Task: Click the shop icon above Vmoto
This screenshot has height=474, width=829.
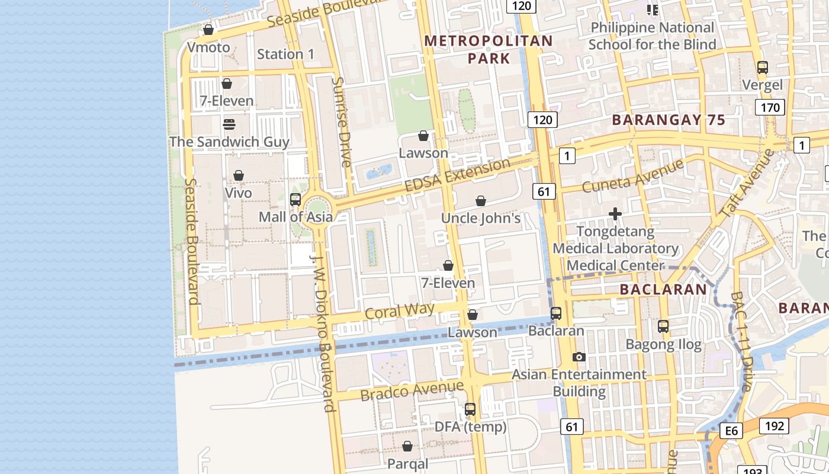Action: (208, 29)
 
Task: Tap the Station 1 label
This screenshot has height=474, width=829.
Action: (286, 54)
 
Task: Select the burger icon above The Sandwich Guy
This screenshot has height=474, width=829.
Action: (229, 124)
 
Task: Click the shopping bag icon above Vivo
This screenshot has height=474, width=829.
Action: (239, 175)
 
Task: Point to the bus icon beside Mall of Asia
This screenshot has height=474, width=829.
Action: (295, 200)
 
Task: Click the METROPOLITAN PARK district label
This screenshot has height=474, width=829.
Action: (489, 49)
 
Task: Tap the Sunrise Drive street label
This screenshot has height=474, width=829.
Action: (342, 121)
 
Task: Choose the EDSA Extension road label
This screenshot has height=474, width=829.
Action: (457, 175)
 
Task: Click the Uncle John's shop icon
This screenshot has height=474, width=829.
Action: (481, 201)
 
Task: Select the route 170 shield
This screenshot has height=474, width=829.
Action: (770, 107)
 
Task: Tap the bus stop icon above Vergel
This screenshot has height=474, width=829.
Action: (763, 68)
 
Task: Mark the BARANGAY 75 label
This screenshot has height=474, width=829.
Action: (669, 120)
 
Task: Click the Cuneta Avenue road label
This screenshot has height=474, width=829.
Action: (633, 176)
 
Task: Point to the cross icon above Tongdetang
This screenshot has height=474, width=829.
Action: (615, 213)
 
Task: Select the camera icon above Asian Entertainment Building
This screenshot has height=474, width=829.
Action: (579, 357)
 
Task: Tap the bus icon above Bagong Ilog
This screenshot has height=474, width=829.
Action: (663, 326)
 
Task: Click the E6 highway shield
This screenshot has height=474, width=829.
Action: (732, 431)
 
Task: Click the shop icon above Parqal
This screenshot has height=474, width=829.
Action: (407, 446)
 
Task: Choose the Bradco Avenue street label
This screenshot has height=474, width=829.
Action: (412, 390)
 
